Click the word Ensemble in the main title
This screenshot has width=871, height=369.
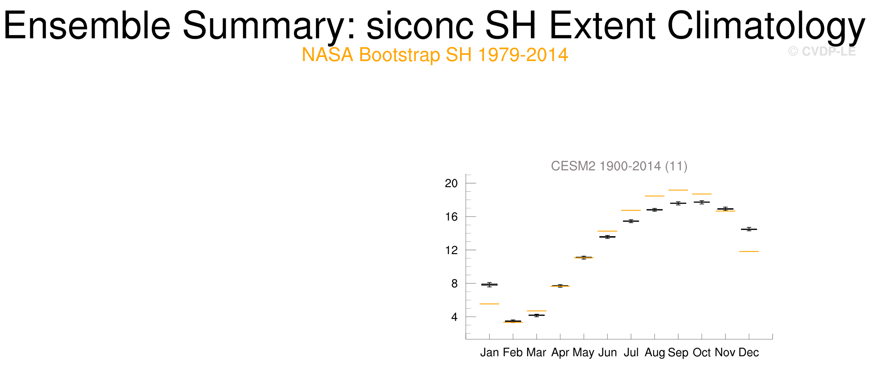(87, 25)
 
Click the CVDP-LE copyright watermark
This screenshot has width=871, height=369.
(822, 51)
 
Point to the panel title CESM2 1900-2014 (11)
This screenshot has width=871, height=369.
(619, 166)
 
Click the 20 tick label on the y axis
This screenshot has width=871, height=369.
(451, 183)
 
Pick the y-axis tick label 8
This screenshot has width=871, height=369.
(454, 284)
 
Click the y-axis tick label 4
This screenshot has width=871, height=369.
(454, 317)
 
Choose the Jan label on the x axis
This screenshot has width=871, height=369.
(489, 353)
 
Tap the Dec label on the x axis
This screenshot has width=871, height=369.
(749, 353)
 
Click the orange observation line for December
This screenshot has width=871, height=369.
(749, 252)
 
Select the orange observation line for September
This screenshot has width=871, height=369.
(678, 190)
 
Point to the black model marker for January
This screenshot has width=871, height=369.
(489, 285)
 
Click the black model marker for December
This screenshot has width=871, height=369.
(749, 229)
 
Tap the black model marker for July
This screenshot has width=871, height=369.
(631, 221)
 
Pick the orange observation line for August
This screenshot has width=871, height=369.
(654, 196)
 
